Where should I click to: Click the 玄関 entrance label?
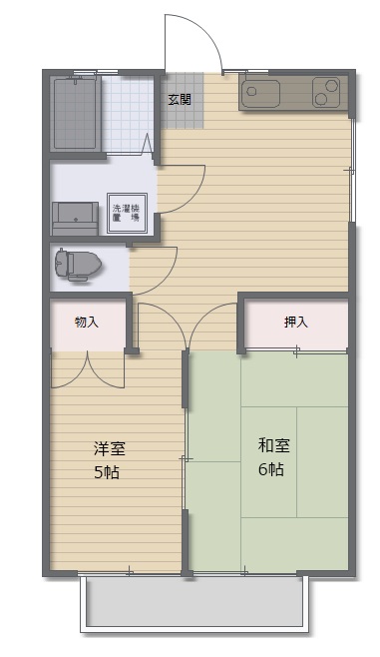point(180,99)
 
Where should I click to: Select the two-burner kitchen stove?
point(326,94)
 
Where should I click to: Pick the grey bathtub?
point(75,112)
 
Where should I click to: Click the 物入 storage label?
point(87,322)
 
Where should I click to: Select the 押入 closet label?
point(296,322)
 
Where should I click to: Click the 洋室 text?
point(110,449)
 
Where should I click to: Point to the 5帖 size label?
point(108,472)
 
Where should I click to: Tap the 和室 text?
point(273,444)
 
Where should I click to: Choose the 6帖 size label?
point(271,468)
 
